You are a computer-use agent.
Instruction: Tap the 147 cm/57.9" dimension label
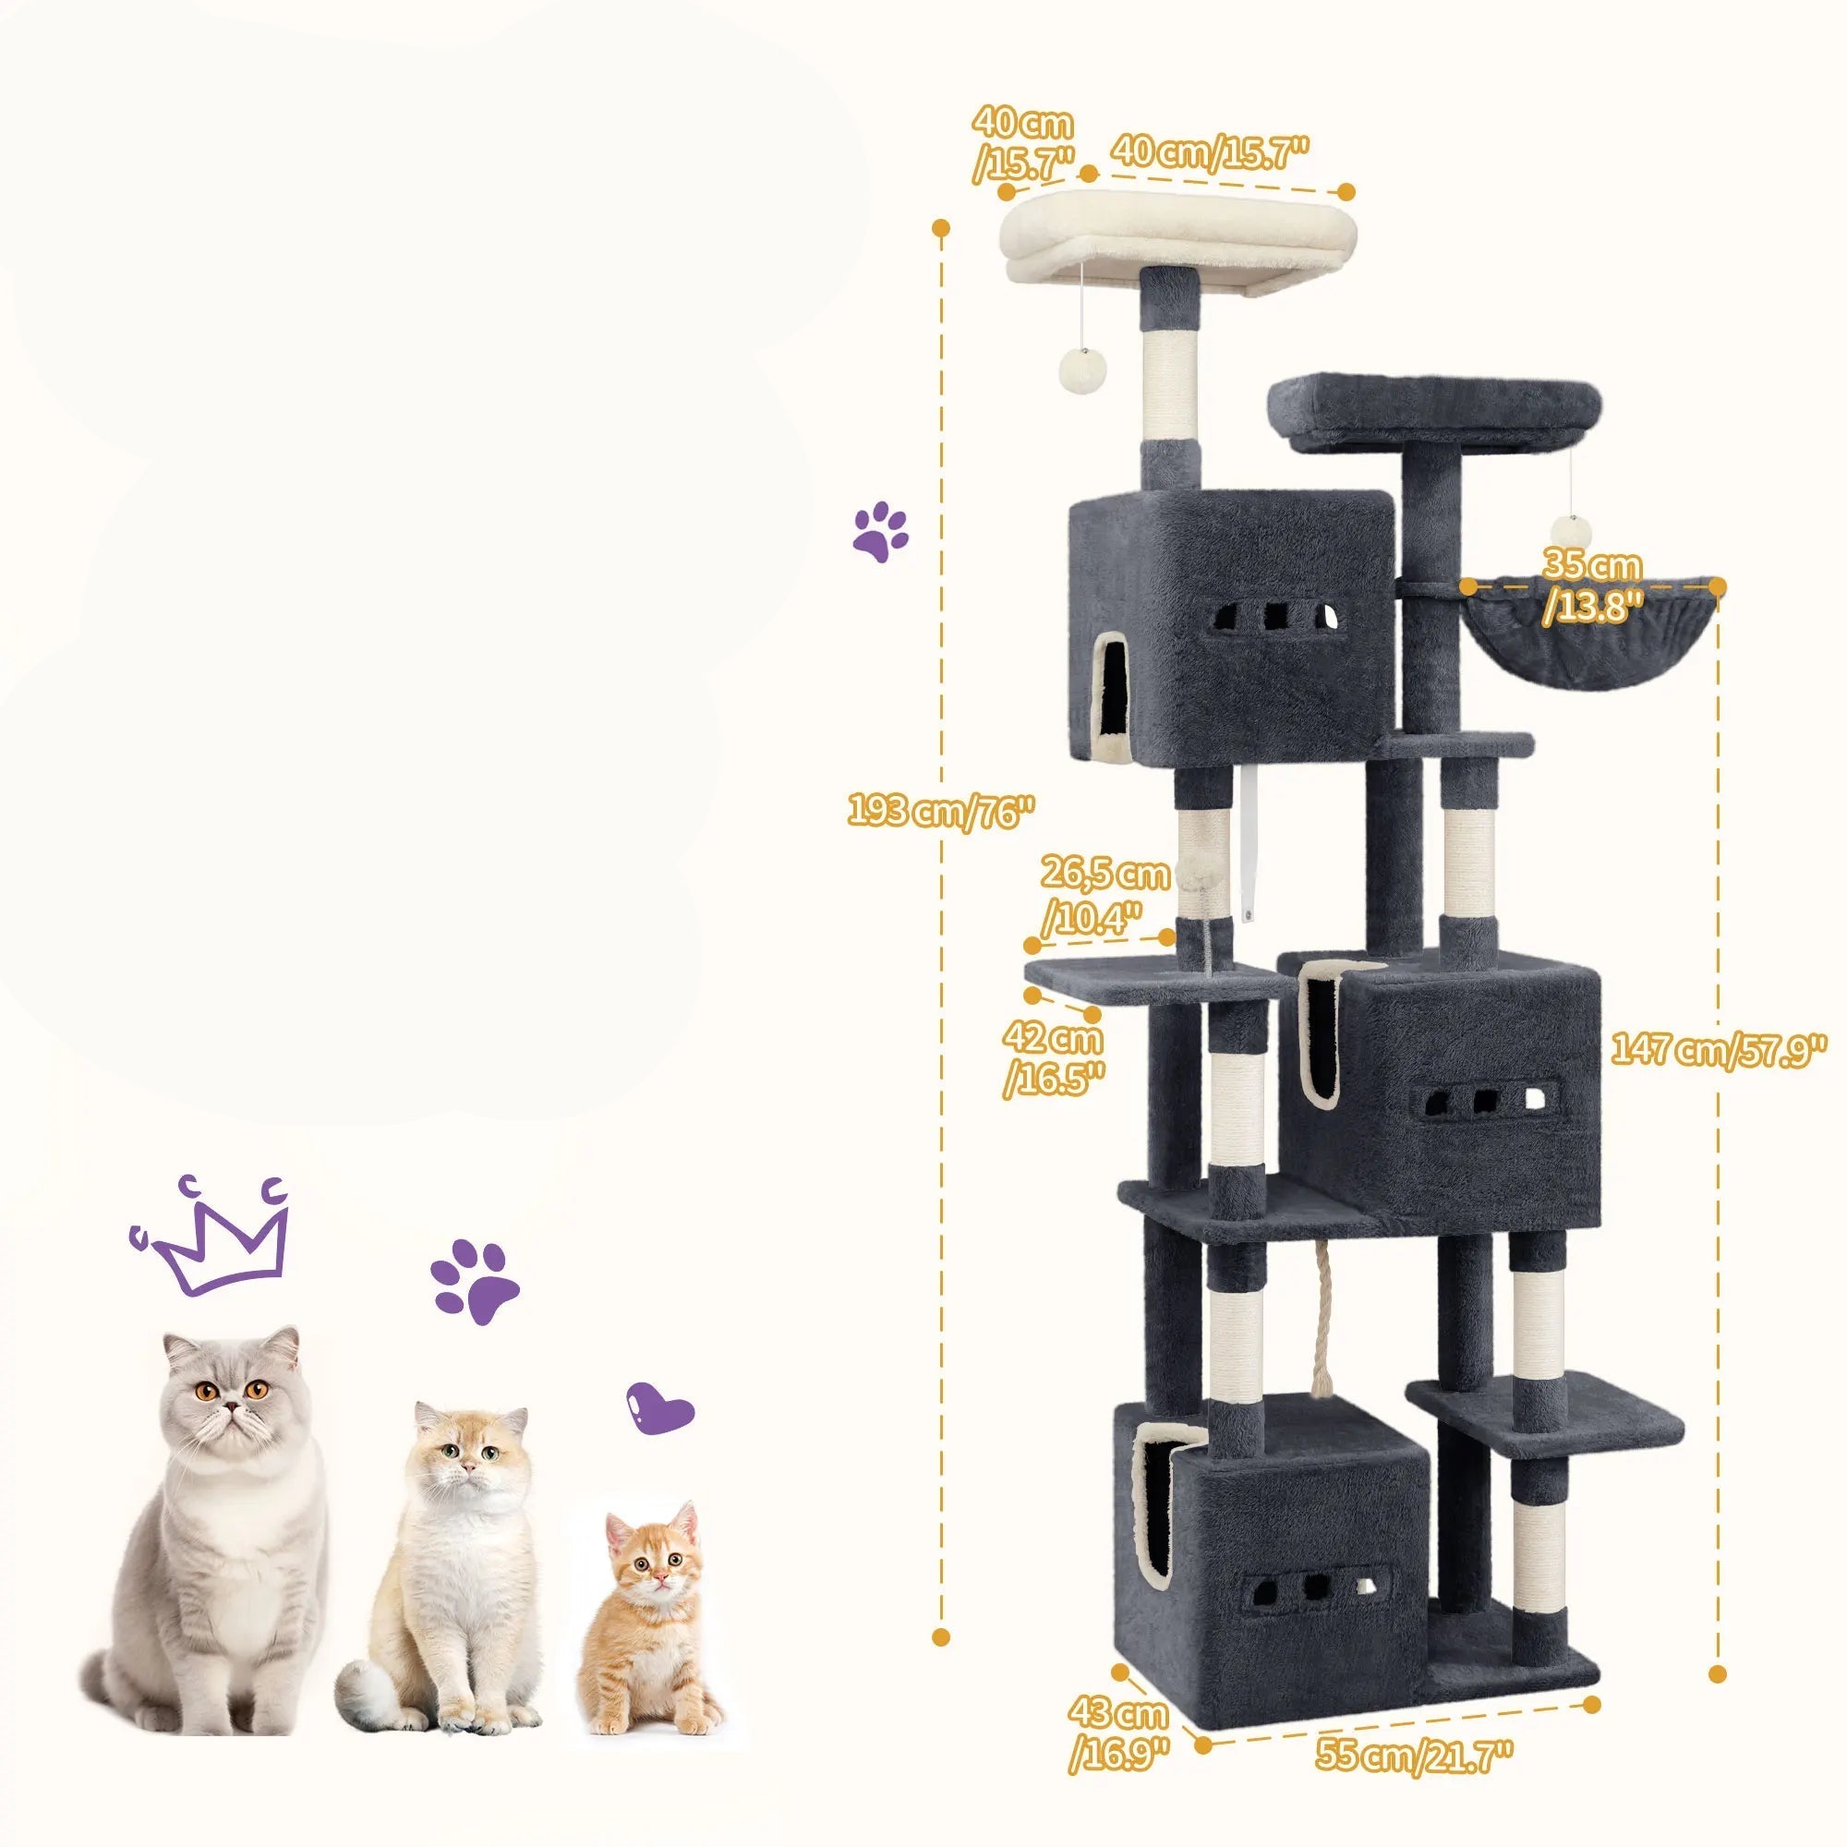[1717, 1050]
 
